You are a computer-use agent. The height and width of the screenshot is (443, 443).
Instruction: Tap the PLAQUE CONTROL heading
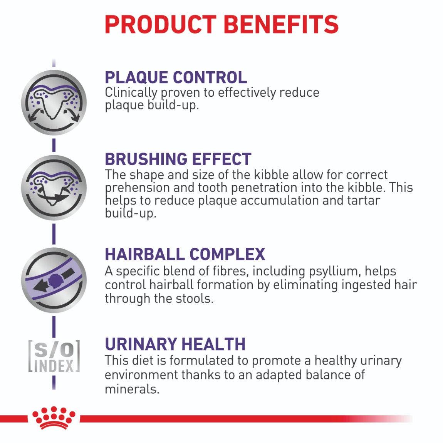tap(176, 77)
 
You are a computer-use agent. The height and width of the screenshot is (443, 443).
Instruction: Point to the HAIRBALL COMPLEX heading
tap(185, 254)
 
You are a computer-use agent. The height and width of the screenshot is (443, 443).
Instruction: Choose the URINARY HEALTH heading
tap(175, 344)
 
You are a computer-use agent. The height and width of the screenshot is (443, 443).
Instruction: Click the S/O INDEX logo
tap(54, 356)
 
